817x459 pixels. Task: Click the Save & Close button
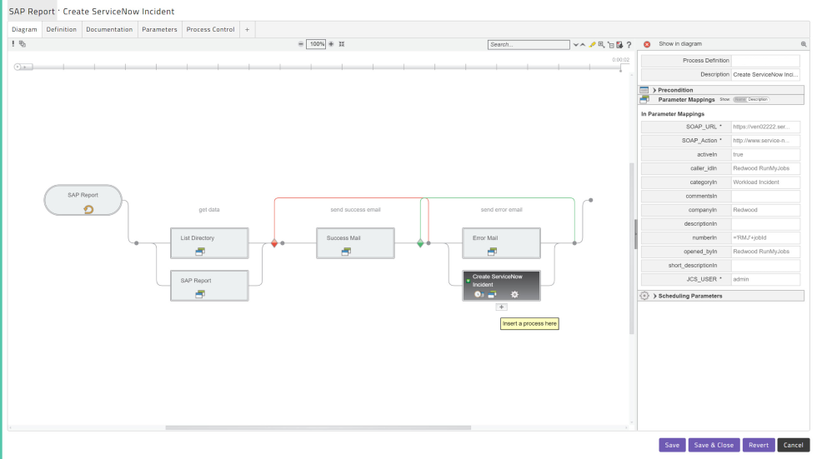pos(714,445)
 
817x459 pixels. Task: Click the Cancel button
pos(793,445)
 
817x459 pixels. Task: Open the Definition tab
pos(62,29)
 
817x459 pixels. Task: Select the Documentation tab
pos(109,29)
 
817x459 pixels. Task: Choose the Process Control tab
pos(210,29)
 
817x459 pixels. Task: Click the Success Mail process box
pos(354,242)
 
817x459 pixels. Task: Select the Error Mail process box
pos(500,242)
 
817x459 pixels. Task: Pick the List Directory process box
pos(208,242)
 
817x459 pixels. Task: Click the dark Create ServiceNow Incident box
pos(501,285)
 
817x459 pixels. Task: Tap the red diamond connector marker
pos(274,243)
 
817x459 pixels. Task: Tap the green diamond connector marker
pos(420,243)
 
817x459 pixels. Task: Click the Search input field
pos(528,44)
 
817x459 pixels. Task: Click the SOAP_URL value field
pos(765,127)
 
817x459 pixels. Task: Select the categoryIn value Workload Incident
pos(765,182)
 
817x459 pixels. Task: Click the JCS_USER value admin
pos(765,279)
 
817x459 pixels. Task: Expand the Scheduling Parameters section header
pos(688,296)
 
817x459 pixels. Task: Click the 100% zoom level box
pos(316,44)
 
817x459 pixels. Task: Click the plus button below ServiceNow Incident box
pos(501,307)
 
